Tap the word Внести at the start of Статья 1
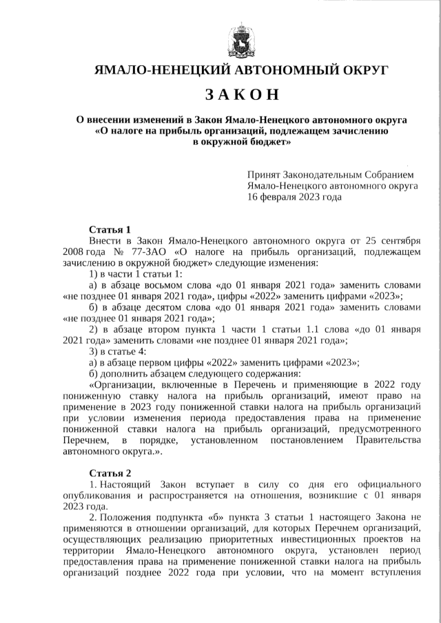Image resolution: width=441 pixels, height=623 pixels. click(x=105, y=240)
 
